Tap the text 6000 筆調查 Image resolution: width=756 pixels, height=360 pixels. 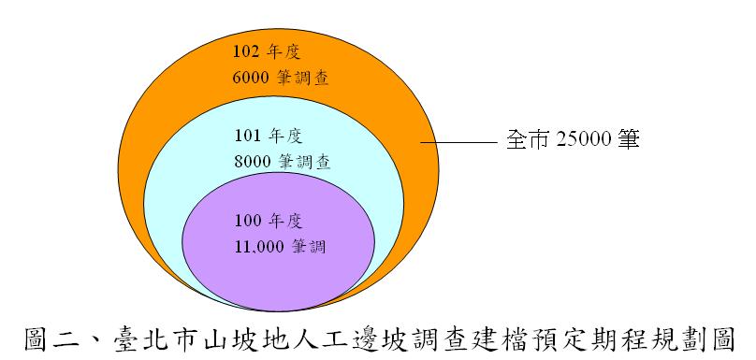[281, 78]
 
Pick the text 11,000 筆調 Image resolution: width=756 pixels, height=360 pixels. [281, 247]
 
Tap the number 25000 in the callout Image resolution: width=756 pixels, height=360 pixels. [584, 139]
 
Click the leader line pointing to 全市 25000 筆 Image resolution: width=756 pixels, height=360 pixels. [458, 142]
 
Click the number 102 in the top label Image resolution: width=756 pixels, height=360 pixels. [245, 52]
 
